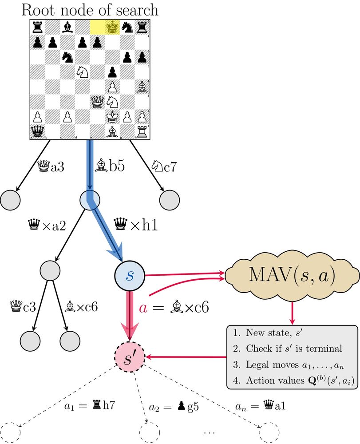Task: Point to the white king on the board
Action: pyautogui.click(x=113, y=117)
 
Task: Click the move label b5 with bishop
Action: pyautogui.click(x=110, y=166)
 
